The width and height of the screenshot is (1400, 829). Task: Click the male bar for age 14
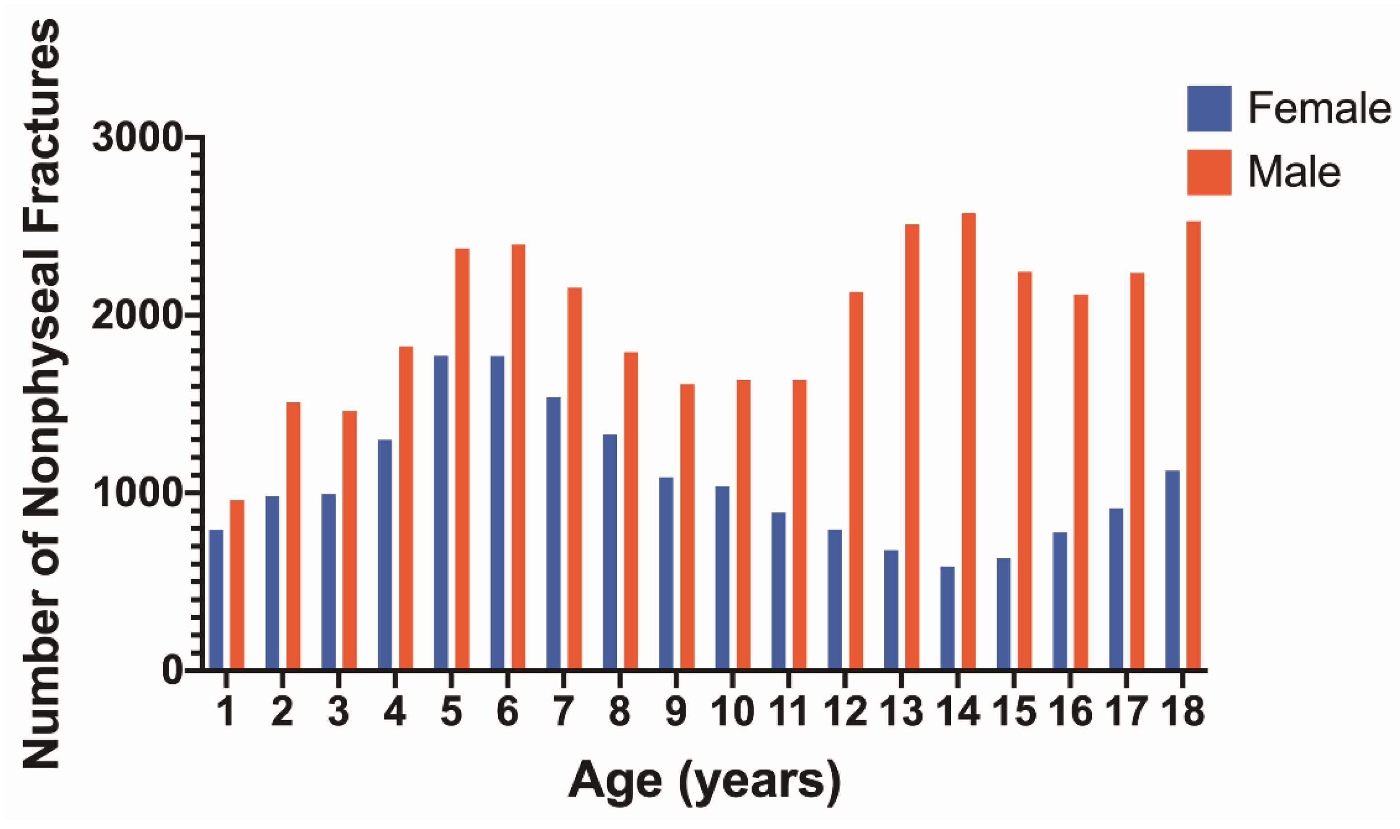point(969,441)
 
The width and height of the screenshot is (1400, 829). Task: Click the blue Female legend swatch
point(1209,108)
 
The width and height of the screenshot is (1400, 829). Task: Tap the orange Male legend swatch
point(1209,172)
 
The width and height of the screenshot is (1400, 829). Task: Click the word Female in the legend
point(1319,108)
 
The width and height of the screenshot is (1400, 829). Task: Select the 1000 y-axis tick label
point(137,494)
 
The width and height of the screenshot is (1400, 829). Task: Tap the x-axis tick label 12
point(845,713)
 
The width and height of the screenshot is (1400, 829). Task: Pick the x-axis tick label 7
point(563,713)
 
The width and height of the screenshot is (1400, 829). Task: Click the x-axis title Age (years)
point(704,783)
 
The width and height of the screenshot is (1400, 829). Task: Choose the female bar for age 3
point(329,581)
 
